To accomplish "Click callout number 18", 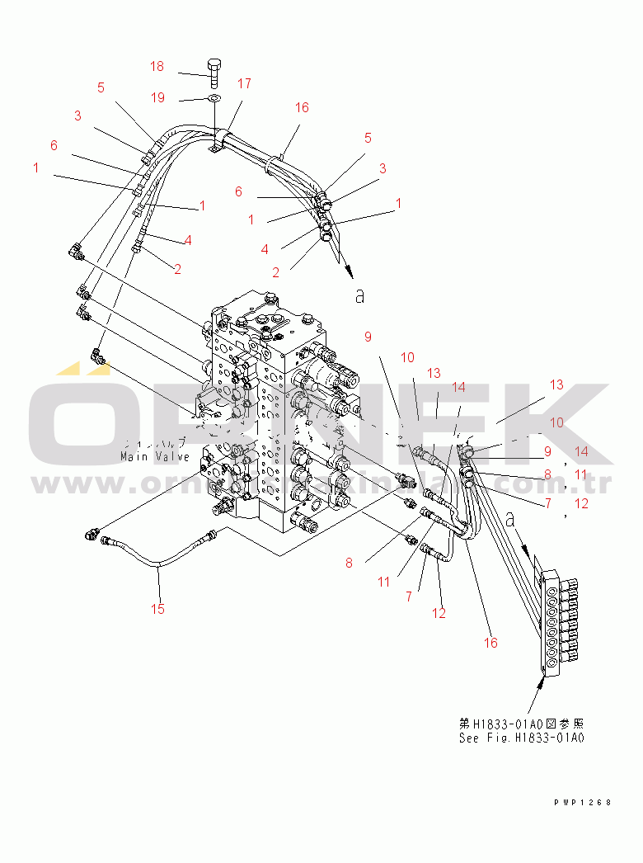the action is [x=157, y=66].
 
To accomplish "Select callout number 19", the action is [x=157, y=97].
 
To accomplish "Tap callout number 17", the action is [x=244, y=83].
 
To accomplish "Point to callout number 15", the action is [x=157, y=609].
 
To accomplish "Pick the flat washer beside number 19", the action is [x=214, y=99].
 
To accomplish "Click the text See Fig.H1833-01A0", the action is [x=521, y=738].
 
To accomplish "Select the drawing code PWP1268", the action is [x=583, y=802].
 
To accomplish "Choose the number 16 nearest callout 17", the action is [x=302, y=107].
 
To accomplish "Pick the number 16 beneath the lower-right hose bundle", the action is [x=490, y=643].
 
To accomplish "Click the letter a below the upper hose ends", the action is [x=359, y=295].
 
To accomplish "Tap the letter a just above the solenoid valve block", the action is [x=511, y=519].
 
